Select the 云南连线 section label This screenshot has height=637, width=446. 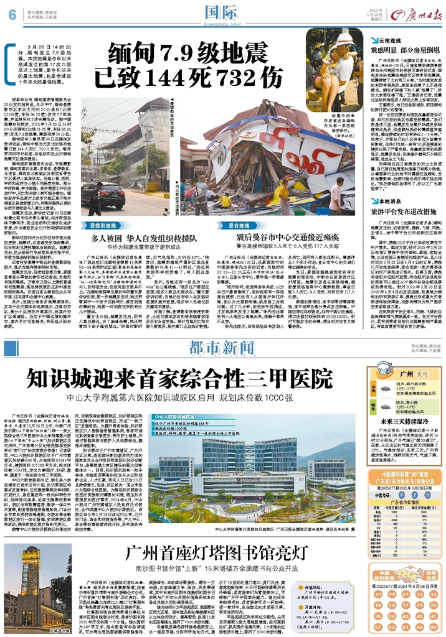(x=382, y=39)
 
